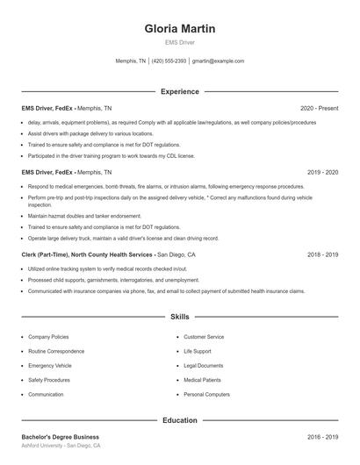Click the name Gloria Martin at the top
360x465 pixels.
[x=179, y=29]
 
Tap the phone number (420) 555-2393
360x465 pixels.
[x=169, y=61]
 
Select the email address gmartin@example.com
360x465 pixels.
[x=218, y=61]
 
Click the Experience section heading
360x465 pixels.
[x=179, y=91]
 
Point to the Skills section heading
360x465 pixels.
[x=179, y=316]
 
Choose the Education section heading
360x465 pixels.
[x=179, y=420]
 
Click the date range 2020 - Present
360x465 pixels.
[x=319, y=109]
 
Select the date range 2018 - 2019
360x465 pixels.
[x=323, y=254]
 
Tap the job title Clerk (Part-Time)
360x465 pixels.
[x=46, y=254]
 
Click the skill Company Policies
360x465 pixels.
[x=48, y=337]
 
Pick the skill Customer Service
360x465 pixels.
[x=204, y=337]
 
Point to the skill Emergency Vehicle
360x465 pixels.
[x=50, y=366]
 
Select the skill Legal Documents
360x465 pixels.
[x=204, y=366]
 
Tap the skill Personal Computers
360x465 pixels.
[x=206, y=395]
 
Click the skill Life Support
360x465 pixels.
[x=198, y=351]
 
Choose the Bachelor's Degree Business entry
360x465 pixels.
[x=61, y=437]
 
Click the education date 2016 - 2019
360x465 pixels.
[x=323, y=437]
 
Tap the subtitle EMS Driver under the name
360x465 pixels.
[x=179, y=42]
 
